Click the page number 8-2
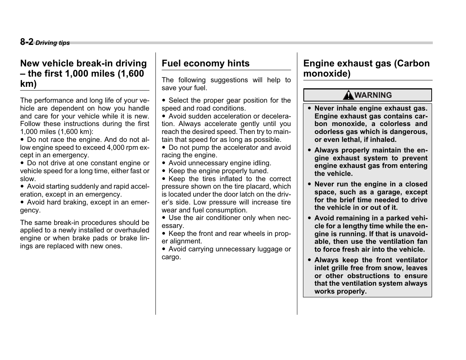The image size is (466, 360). point(27,42)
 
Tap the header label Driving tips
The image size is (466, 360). point(53,43)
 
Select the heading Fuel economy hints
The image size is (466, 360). point(206,63)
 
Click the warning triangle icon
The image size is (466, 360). point(348,95)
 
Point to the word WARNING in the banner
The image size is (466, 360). point(373,95)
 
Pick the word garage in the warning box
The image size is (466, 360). point(389,192)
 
